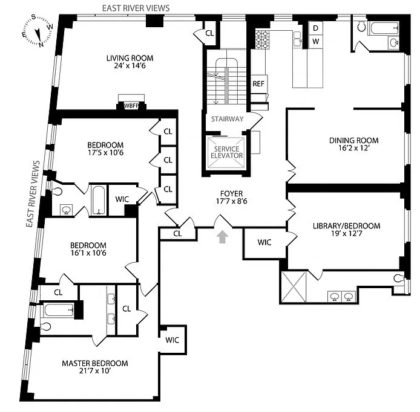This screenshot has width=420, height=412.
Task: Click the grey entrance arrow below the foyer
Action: tap(222, 237)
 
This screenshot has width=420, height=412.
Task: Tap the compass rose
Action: tap(38, 31)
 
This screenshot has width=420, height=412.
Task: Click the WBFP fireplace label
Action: tap(131, 106)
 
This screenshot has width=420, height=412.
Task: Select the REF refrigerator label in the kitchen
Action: tap(258, 84)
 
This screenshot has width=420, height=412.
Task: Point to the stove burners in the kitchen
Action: tap(262, 40)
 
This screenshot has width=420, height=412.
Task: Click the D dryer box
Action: tap(315, 28)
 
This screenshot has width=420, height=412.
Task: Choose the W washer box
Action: tap(315, 42)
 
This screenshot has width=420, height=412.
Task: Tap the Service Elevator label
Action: tap(226, 152)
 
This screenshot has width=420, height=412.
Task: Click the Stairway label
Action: tap(227, 119)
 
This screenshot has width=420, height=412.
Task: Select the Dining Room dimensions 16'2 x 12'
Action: tap(354, 148)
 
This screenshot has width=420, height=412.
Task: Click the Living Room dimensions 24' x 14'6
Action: tap(130, 66)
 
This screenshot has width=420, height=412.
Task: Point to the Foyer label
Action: tap(231, 193)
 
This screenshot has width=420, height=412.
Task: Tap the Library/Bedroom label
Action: tap(347, 226)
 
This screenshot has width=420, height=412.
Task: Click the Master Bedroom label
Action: tap(95, 363)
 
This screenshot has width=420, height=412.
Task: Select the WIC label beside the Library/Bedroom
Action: tap(264, 242)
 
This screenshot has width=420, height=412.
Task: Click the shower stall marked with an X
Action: tap(294, 286)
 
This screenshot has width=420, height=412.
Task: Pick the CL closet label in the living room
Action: tap(209, 33)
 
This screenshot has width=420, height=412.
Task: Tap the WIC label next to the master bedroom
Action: tap(172, 340)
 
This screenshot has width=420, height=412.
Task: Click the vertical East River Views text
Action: tap(33, 194)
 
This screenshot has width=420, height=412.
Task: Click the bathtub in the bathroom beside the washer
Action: tap(384, 28)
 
